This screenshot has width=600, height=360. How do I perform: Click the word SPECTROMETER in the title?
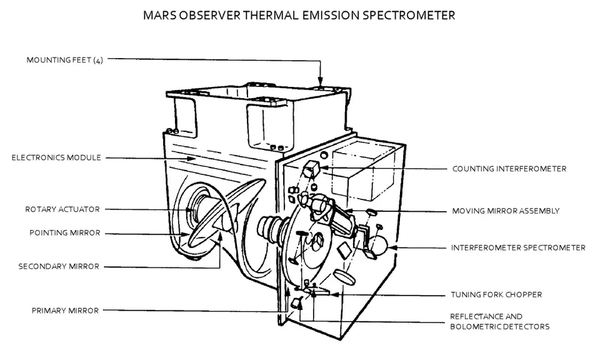pos(409,15)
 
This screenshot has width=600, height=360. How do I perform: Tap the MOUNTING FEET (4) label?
pos(64,60)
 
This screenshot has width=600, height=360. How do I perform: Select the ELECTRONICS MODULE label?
pos(56,157)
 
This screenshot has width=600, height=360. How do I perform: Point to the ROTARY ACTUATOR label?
pos(62,209)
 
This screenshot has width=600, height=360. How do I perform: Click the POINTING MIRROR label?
pos(64,233)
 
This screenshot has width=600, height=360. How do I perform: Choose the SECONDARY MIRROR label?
pos(59,266)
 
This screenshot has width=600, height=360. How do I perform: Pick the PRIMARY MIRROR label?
pos(65,311)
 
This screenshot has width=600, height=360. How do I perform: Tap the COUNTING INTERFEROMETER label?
pos(509,169)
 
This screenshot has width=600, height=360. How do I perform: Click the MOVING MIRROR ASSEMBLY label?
pos(506,211)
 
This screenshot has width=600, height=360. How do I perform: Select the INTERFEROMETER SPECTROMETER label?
pos(518,248)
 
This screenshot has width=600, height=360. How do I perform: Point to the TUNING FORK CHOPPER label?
pos(496,294)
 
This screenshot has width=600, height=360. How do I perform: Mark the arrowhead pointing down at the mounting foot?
pos(320,81)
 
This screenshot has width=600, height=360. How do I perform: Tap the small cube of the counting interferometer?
pos(311,168)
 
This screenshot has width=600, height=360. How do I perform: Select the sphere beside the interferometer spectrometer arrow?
pos(377,244)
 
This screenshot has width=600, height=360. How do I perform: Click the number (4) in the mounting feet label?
pos(98,61)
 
